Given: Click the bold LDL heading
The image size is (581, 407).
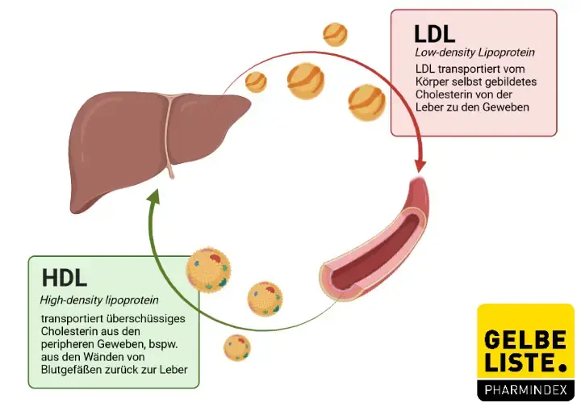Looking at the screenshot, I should coord(435,33).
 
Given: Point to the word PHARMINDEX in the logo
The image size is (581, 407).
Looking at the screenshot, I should coord(525,390).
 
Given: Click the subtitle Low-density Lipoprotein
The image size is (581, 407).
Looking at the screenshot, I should coord(474,53).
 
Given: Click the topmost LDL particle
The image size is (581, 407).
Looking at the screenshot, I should coord(335,34).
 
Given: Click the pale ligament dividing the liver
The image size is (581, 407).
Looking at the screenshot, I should coord(169,133).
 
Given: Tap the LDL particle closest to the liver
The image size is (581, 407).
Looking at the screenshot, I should coord(256,82).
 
